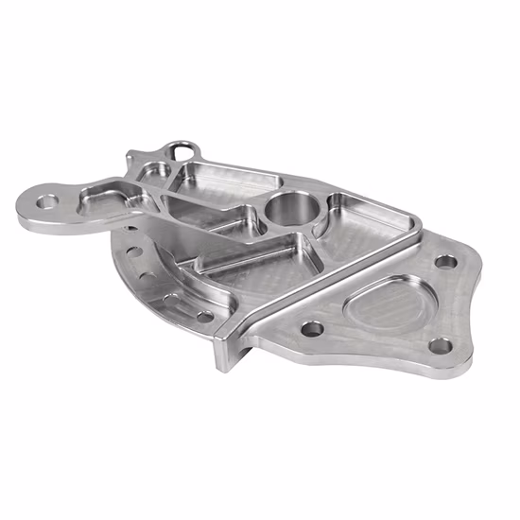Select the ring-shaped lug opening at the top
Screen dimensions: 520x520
coord(182,151)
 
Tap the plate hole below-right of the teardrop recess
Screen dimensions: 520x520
coord(441,346)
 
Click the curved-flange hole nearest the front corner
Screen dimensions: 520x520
coord(204,317)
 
